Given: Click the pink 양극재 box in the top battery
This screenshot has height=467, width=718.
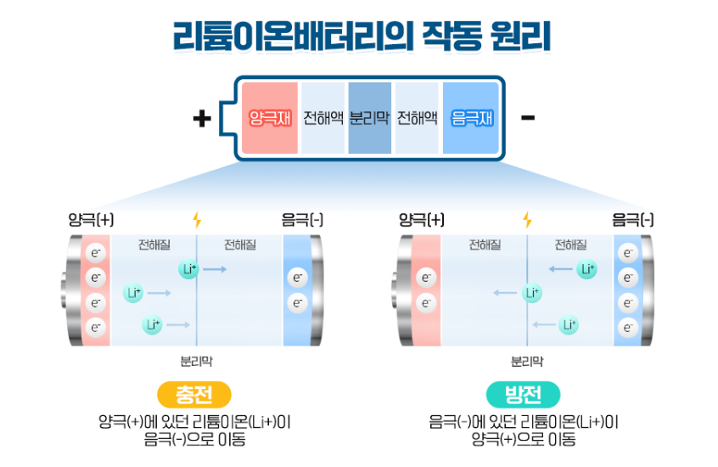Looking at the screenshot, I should [270, 118].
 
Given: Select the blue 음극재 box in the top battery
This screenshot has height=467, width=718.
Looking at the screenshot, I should [472, 118].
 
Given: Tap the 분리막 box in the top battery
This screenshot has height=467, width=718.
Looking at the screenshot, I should [369, 118].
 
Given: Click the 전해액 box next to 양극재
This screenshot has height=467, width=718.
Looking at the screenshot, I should [323, 118].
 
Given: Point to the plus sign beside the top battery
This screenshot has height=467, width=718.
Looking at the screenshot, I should [201, 118].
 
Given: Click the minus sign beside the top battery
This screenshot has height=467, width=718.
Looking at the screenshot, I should [527, 117].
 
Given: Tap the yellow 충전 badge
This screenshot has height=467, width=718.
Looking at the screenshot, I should [194, 395].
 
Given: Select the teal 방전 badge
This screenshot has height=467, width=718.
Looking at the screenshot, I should [524, 395].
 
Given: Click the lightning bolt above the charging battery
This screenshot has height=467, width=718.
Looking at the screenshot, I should [197, 221].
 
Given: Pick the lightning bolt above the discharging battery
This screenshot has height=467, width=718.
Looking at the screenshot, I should [527, 221].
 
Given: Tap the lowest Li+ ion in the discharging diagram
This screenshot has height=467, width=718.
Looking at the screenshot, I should [568, 324].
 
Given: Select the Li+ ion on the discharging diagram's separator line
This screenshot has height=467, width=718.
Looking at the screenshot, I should [531, 293].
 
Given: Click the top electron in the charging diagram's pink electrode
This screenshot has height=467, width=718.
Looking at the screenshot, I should [96, 252].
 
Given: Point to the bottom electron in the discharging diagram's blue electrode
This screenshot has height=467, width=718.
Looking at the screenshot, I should [628, 328].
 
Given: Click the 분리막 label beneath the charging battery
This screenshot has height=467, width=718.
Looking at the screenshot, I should [196, 361].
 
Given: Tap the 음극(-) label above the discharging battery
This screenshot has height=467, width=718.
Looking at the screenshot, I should [633, 221].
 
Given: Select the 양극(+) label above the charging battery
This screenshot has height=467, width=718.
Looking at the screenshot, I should [91, 221].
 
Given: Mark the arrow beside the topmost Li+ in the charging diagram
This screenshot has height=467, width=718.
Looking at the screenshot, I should [215, 269].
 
